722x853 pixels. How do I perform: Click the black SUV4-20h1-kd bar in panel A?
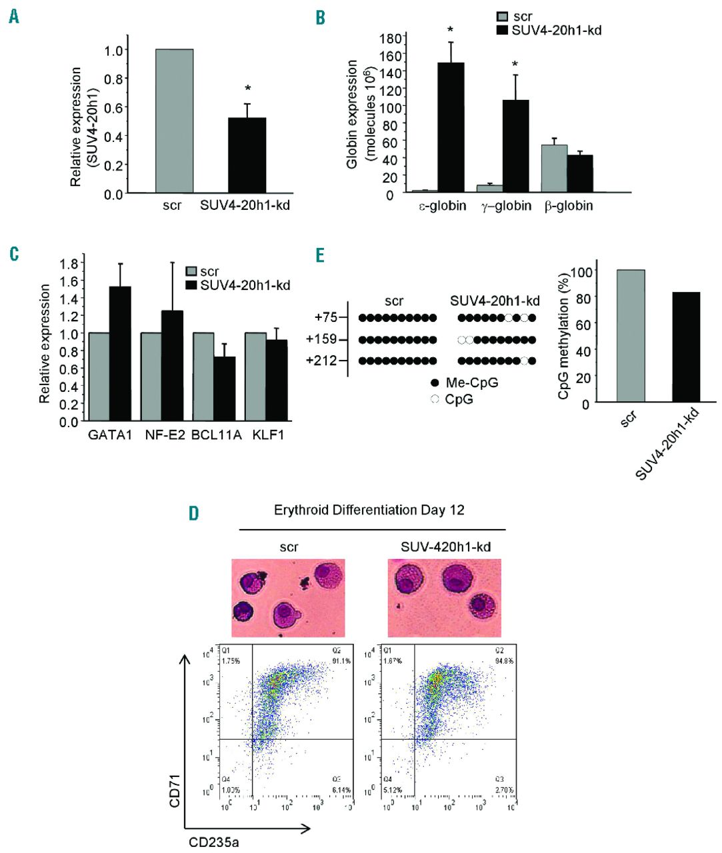point(247,155)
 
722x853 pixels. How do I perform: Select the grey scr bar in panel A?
point(174,121)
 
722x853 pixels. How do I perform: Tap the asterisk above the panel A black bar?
point(247,89)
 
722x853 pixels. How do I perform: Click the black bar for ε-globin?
point(451,127)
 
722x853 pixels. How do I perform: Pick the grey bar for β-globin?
point(554,169)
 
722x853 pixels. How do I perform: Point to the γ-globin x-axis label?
point(506,206)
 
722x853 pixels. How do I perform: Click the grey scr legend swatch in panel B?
point(504,17)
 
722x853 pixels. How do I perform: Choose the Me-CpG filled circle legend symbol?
point(435,383)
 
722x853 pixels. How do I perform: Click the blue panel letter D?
point(193,513)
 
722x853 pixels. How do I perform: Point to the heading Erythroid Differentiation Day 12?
point(369,510)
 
